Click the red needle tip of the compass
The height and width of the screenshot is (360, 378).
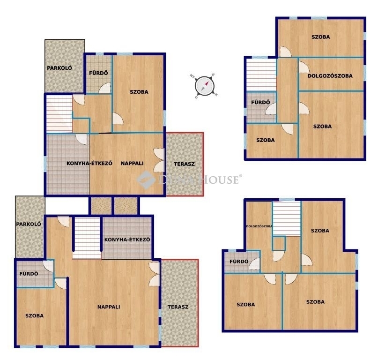pos(207,82)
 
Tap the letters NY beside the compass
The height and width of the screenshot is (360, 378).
pos(192,76)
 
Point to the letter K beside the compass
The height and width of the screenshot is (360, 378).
pos(216,95)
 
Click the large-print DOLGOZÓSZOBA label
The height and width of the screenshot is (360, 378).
pos(330,76)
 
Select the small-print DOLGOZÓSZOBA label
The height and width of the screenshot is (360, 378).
pos(259,226)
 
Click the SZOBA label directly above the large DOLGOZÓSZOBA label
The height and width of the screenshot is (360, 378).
pos(321,37)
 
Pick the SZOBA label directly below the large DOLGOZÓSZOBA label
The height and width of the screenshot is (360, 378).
pos(322,127)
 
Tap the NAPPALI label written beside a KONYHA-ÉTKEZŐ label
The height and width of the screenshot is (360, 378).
pos(132,163)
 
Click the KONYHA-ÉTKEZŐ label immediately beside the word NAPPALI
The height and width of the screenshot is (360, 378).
pos(89,163)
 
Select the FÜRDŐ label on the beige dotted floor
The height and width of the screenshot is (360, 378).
pos(98,73)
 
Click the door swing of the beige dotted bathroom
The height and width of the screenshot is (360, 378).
pos(105,88)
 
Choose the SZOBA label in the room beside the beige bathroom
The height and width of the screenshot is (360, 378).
pos(139,92)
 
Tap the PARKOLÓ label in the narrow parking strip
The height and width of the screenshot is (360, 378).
pos(29,224)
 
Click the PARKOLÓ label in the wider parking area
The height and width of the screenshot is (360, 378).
pos(59,68)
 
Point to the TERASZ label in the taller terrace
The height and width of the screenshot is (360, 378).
pos(178,307)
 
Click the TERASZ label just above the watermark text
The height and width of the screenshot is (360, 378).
pos(184,164)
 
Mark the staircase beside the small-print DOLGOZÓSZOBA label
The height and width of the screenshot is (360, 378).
pos(287,218)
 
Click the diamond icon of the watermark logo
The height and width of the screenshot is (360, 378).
pos(146,180)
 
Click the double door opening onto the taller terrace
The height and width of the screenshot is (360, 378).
pos(154,274)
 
